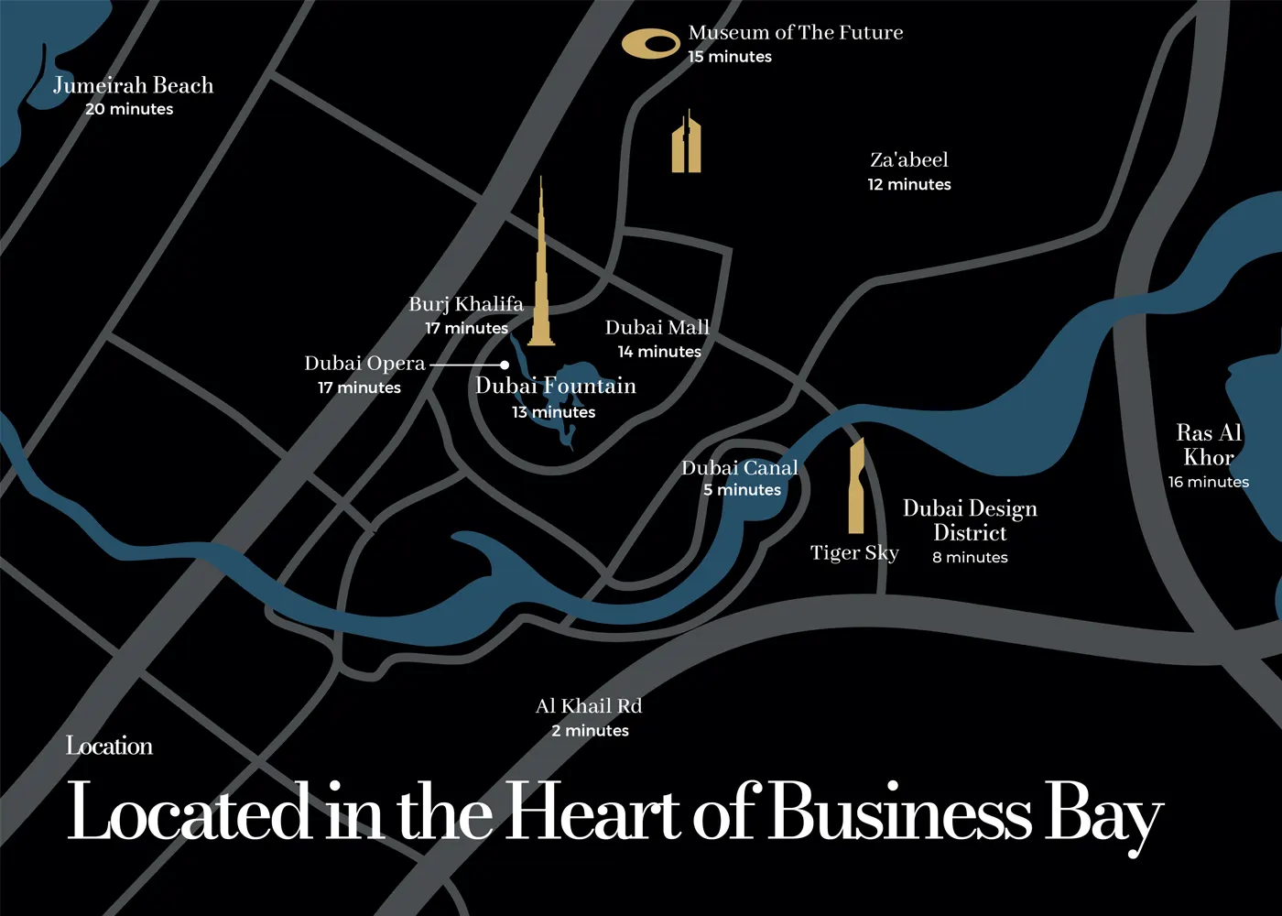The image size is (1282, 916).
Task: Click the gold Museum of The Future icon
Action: [x=650, y=43]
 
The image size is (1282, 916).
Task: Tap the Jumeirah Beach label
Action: [x=133, y=85]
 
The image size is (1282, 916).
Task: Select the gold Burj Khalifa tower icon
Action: [x=541, y=275]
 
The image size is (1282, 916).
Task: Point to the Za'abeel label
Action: [x=909, y=159]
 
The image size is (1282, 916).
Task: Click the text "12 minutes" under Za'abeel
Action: [x=909, y=184]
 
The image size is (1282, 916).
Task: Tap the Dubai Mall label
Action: [x=657, y=327]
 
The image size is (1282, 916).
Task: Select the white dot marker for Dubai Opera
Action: [x=505, y=365]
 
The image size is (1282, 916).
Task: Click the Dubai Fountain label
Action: [x=556, y=386]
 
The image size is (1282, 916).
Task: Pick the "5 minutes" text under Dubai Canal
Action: [x=742, y=490]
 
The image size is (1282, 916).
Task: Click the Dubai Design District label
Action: [x=970, y=520]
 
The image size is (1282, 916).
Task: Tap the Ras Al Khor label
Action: [x=1209, y=445]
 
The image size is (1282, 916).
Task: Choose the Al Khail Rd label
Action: [x=589, y=706]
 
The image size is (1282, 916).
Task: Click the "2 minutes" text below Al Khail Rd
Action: [x=590, y=731]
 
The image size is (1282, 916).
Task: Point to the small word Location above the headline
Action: [x=109, y=746]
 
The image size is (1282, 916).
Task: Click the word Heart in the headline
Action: [x=593, y=812]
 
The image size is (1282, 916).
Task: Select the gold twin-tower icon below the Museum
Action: [x=686, y=143]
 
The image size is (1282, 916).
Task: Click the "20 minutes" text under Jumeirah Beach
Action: [x=129, y=109]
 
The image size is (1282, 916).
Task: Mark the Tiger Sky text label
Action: [x=854, y=553]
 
